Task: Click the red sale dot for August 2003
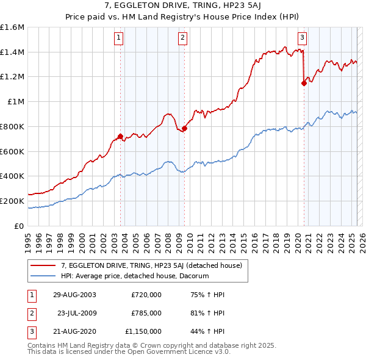click(x=120, y=136)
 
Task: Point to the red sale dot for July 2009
click(x=184, y=128)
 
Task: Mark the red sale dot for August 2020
click(x=303, y=84)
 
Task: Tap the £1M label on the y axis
click(x=15, y=102)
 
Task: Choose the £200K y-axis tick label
click(x=12, y=201)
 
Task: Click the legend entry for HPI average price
click(x=135, y=276)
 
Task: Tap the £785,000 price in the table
click(x=146, y=313)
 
